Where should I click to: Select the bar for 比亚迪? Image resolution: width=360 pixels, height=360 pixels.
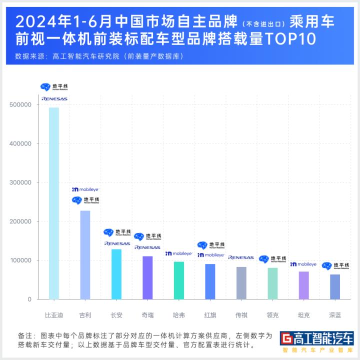click(x=54, y=203)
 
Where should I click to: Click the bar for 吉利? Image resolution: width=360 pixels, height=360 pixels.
click(x=85, y=255)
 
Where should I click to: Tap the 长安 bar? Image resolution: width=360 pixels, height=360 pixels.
click(x=116, y=274)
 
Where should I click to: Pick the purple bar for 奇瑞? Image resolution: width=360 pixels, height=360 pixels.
click(x=147, y=277)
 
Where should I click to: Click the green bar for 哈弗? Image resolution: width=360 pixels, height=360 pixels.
click(x=178, y=280)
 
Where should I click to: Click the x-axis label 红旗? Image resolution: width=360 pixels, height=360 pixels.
click(x=210, y=315)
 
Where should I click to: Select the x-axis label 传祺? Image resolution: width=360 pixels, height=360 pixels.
click(x=241, y=315)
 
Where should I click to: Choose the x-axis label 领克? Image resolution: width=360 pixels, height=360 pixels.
click(x=272, y=315)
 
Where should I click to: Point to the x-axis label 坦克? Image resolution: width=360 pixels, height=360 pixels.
click(x=303, y=315)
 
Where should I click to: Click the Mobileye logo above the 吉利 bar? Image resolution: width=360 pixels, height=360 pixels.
click(x=85, y=189)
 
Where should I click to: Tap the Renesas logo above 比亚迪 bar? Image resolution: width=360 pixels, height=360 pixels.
click(x=54, y=99)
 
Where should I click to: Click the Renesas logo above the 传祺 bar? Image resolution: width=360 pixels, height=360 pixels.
click(x=241, y=257)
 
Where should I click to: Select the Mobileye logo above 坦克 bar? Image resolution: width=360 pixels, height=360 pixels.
click(x=303, y=264)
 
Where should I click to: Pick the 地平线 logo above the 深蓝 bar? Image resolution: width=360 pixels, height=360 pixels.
click(x=335, y=266)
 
